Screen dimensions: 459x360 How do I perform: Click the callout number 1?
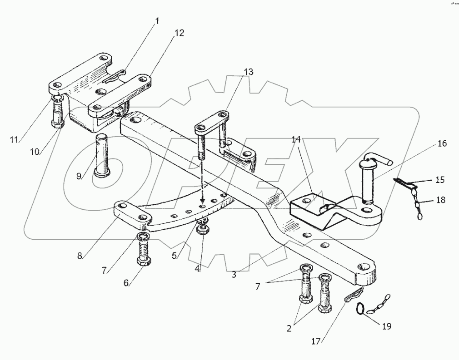(157, 21)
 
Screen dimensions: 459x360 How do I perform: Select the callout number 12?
(179, 33)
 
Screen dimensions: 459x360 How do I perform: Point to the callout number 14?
(296, 140)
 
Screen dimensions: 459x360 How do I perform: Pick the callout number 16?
(442, 143)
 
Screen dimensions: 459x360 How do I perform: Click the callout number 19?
(387, 326)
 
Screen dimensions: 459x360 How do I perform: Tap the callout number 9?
(79, 176)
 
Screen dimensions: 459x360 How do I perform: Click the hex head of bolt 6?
(144, 261)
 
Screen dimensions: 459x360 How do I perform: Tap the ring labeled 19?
(360, 308)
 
